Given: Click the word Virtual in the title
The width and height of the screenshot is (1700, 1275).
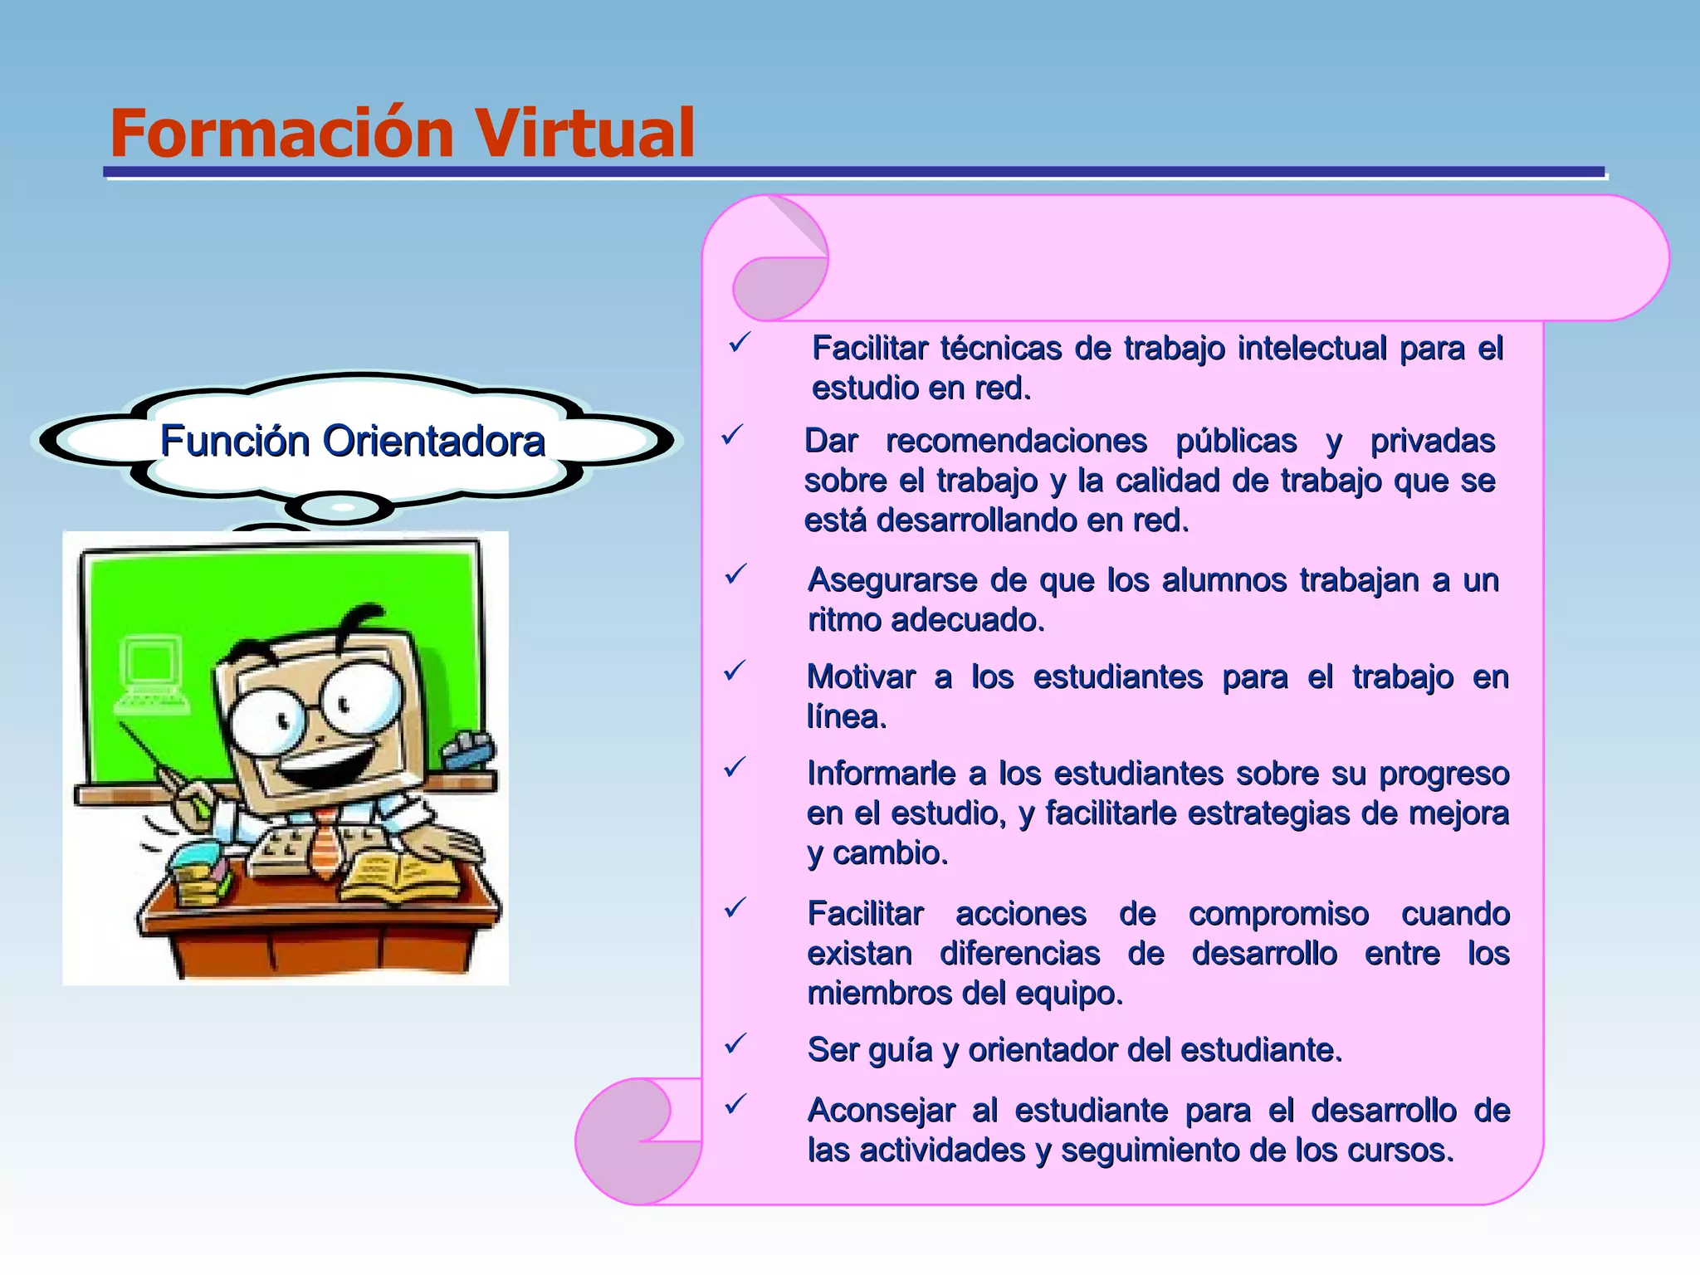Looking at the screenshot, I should [584, 133].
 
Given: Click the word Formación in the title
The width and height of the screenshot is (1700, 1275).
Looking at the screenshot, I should [282, 133].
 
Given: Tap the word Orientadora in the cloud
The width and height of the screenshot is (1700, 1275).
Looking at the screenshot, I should [434, 441].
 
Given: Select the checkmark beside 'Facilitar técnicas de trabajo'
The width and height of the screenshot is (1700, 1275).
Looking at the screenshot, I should [739, 343].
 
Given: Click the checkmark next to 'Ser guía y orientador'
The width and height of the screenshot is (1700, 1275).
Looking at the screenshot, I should [735, 1044].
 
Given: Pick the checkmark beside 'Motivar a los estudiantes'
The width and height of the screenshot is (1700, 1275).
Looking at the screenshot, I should [735, 671].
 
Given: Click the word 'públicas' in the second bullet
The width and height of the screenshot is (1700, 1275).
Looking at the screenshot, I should [1236, 441].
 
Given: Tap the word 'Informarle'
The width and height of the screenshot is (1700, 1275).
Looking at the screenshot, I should [881, 774].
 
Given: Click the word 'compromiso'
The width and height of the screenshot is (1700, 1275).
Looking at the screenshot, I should [1278, 914].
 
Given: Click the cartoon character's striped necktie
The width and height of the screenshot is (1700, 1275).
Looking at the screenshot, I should [325, 843].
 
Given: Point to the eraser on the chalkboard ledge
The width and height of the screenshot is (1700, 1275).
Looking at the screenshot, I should [468, 750].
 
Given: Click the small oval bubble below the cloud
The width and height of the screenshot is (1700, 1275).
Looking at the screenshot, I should [340, 506].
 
